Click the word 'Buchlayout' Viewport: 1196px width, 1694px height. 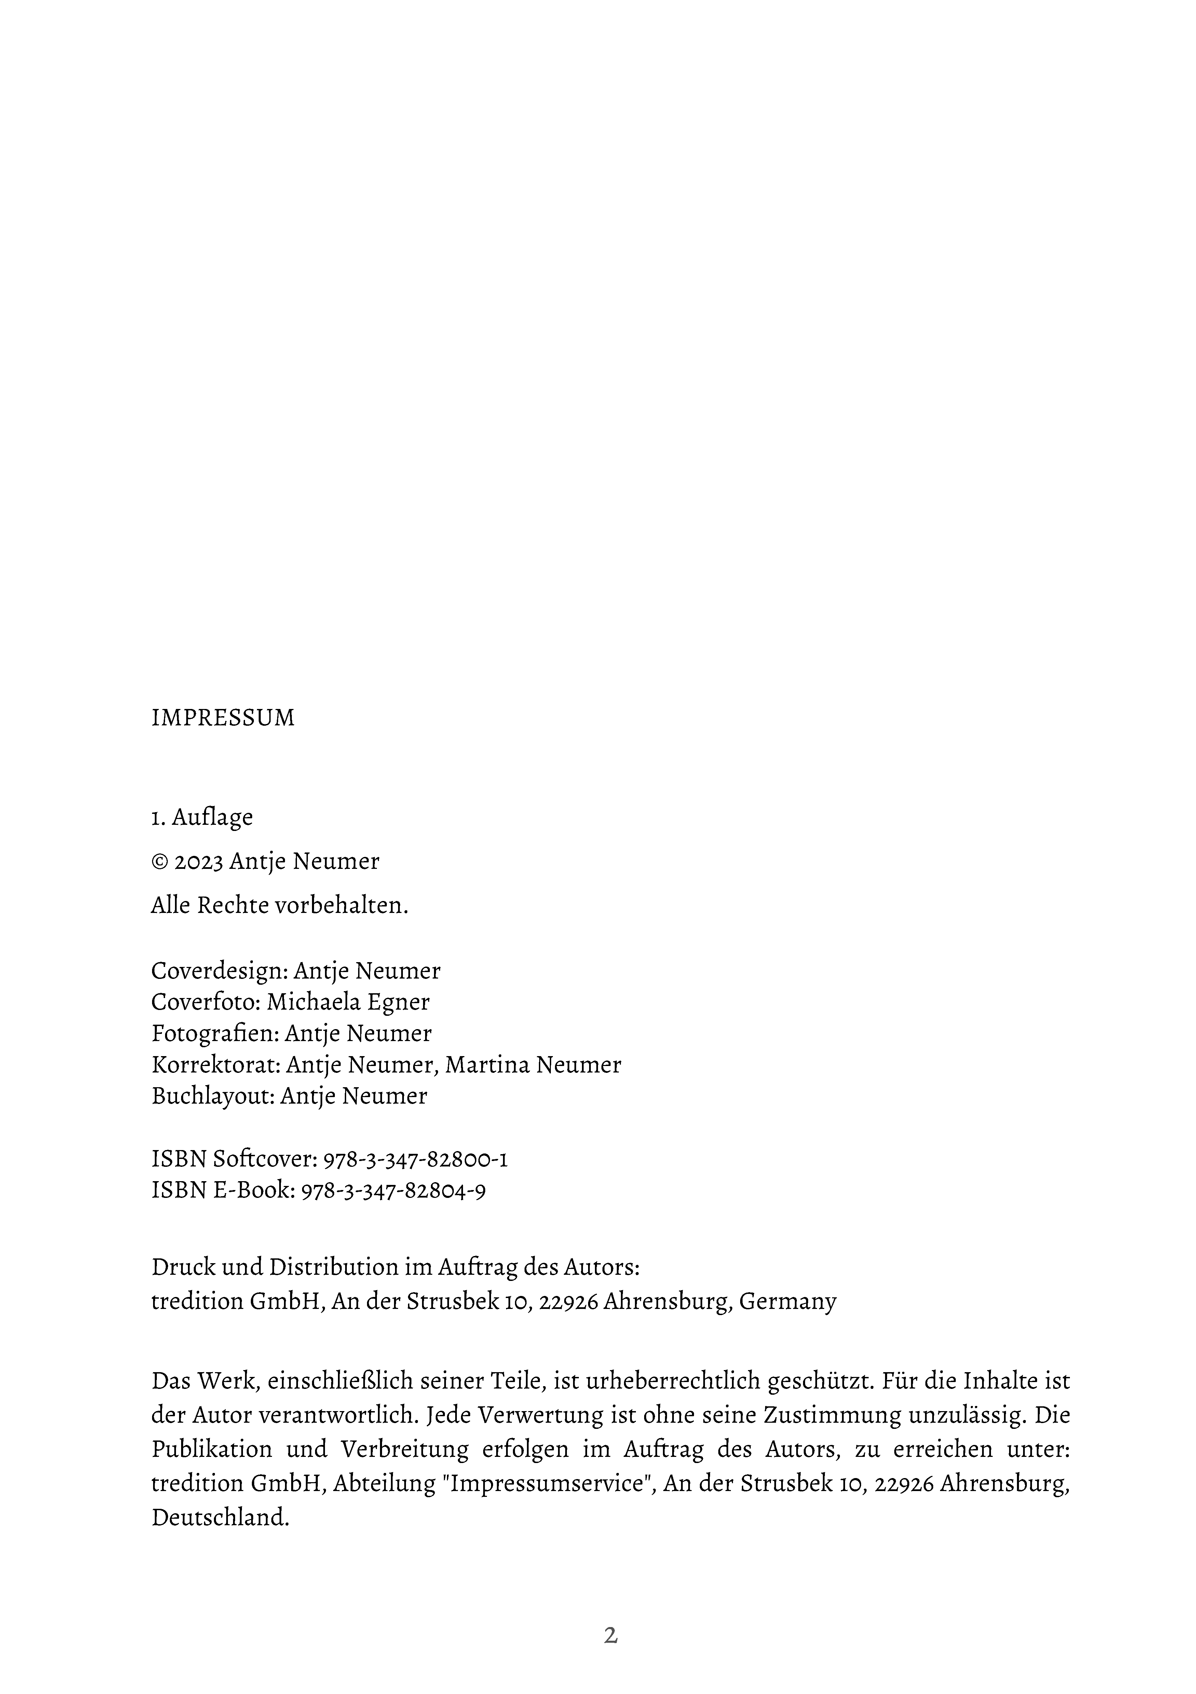(213, 1096)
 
